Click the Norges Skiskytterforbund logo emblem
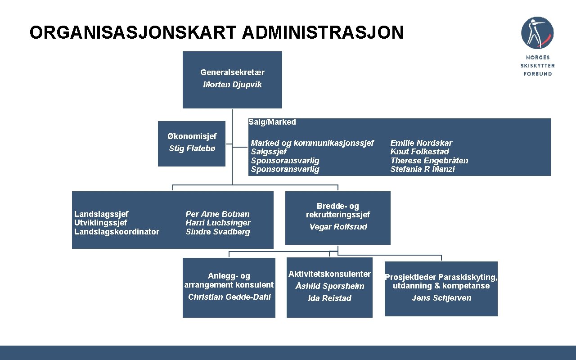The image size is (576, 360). pyautogui.click(x=537, y=33)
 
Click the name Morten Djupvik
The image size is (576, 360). pyautogui.click(x=232, y=85)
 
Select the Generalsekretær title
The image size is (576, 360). pyautogui.click(x=232, y=72)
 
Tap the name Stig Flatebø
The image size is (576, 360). pyautogui.click(x=192, y=148)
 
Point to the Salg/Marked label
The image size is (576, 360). pyautogui.click(x=272, y=122)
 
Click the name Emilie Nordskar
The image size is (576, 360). pyautogui.click(x=421, y=143)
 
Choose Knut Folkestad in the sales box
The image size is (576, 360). pyautogui.click(x=419, y=152)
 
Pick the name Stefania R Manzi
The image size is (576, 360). pyautogui.click(x=423, y=169)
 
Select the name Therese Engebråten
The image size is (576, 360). pyautogui.click(x=429, y=161)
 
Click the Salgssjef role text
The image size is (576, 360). pyautogui.click(x=269, y=152)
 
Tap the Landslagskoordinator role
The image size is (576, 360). pyautogui.click(x=117, y=232)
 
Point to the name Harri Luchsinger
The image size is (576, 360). pyautogui.click(x=218, y=223)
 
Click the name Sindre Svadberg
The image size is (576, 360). pyautogui.click(x=218, y=232)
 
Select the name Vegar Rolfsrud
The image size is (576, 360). pyautogui.click(x=338, y=227)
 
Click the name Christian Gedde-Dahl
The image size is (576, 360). pyautogui.click(x=229, y=297)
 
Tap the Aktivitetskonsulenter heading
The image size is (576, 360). pyautogui.click(x=330, y=274)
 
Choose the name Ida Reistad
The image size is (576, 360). pyautogui.click(x=329, y=298)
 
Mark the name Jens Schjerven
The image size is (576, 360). pyautogui.click(x=441, y=298)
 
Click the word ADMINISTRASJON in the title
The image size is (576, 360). pyautogui.click(x=323, y=33)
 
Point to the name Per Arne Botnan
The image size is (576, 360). pyautogui.click(x=217, y=214)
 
